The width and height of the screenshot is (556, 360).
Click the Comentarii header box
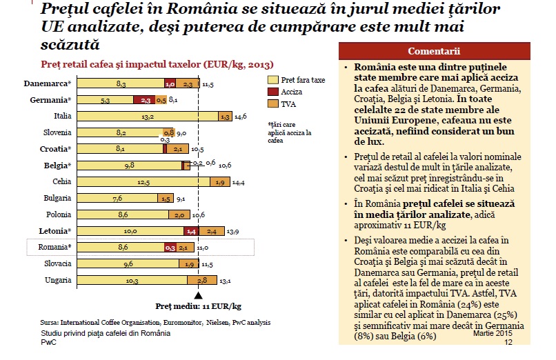pyautogui.click(x=444, y=52)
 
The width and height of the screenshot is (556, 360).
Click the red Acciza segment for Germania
pyautogui.click(x=146, y=100)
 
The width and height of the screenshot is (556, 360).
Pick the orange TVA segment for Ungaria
pyautogui.click(x=203, y=279)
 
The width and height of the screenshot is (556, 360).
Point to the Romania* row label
pyautogui.click(x=52, y=247)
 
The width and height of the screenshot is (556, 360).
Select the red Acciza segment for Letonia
pyautogui.click(x=192, y=230)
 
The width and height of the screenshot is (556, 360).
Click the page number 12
pyautogui.click(x=508, y=341)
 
